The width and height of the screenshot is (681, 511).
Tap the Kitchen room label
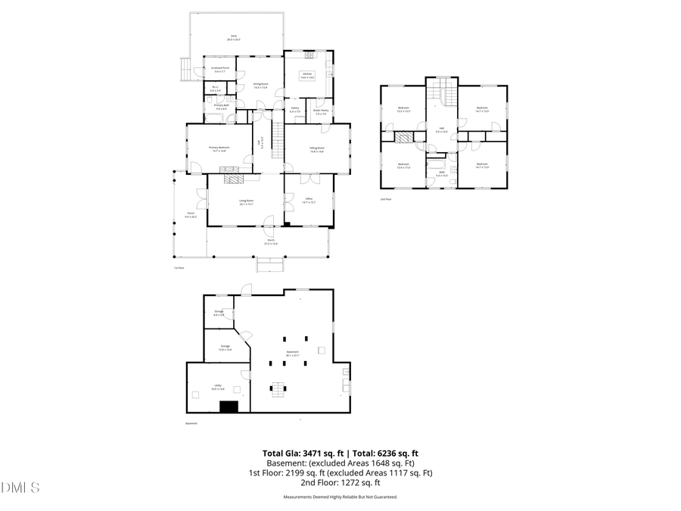click(x=306, y=75)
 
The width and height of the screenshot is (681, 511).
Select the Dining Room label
click(x=259, y=86)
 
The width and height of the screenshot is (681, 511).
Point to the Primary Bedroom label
click(x=219, y=149)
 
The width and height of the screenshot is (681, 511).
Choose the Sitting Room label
click(x=316, y=149)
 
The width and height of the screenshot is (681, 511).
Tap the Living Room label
click(x=246, y=202)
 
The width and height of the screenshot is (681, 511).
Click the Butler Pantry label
click(x=321, y=111)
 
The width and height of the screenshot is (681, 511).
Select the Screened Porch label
click(x=221, y=70)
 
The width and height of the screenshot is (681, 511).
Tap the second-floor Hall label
click(x=442, y=129)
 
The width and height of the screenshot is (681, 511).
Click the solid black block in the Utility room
click(x=229, y=407)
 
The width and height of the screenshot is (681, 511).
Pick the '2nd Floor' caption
click(x=385, y=199)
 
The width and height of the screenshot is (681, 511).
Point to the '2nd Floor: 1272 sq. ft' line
click(x=340, y=482)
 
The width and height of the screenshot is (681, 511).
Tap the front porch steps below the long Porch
click(x=270, y=264)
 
